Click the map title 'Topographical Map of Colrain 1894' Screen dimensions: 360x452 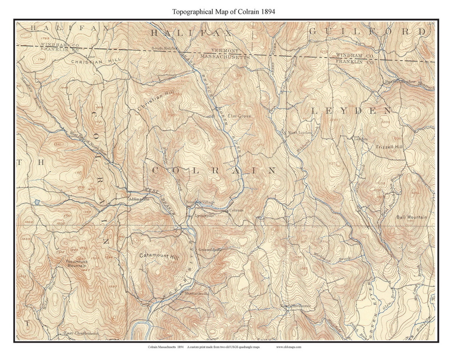[223, 12]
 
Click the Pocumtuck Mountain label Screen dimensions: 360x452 [76, 263]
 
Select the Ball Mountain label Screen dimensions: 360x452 [412, 217]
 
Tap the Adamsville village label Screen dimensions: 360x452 [139, 199]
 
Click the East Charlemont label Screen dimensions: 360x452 [81, 333]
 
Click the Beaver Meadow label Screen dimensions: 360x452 [400, 82]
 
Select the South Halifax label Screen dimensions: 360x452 [164, 48]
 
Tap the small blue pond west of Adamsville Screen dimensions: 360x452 [36, 202]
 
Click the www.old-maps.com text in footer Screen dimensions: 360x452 [288, 347]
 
